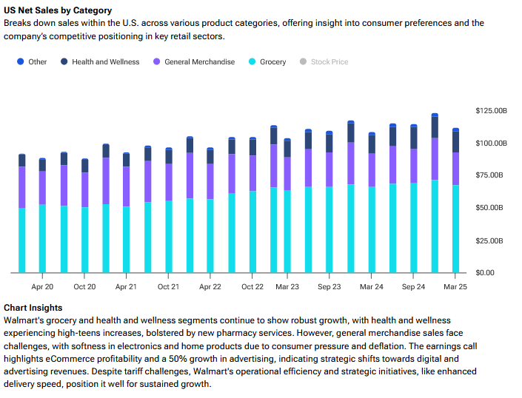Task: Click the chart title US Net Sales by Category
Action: click(x=58, y=10)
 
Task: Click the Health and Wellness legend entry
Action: click(x=99, y=62)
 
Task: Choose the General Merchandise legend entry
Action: click(x=194, y=62)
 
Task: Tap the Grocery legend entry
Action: click(x=267, y=62)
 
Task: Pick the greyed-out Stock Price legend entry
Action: click(x=324, y=62)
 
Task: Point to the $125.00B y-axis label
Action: click(x=491, y=110)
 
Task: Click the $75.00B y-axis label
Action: click(x=491, y=175)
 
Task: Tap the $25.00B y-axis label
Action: click(x=491, y=240)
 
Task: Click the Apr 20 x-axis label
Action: click(x=42, y=286)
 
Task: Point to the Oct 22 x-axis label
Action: click(x=252, y=286)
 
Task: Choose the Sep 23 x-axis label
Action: click(x=329, y=286)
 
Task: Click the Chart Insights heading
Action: click(x=33, y=308)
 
